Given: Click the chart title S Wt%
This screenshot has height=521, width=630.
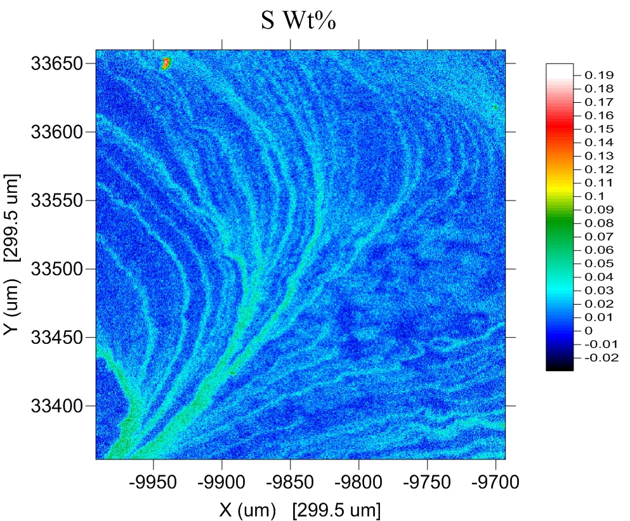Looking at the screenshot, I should (x=298, y=21).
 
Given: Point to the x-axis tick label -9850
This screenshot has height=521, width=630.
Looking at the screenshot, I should (x=290, y=482).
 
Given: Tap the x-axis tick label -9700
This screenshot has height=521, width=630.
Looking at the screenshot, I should (x=495, y=482).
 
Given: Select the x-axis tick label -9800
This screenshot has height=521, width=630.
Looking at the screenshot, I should (x=358, y=482).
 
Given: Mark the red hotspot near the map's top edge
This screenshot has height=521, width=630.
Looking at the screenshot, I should (x=166, y=62).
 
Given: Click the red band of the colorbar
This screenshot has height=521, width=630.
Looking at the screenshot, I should (x=559, y=122).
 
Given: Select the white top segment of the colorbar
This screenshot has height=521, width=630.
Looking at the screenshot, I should (x=559, y=69).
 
